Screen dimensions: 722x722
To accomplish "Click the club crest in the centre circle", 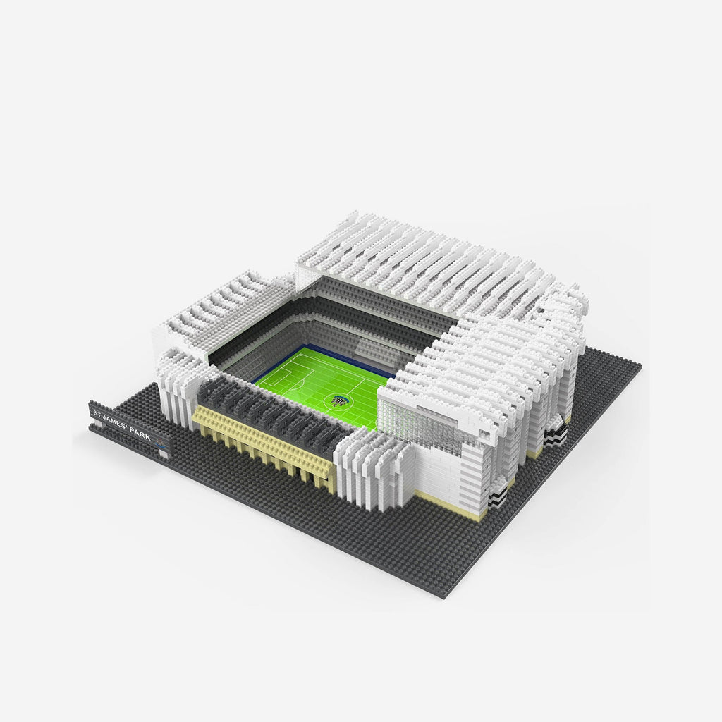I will click(x=339, y=400).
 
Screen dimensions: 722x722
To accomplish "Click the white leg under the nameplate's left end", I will click(x=92, y=427).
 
